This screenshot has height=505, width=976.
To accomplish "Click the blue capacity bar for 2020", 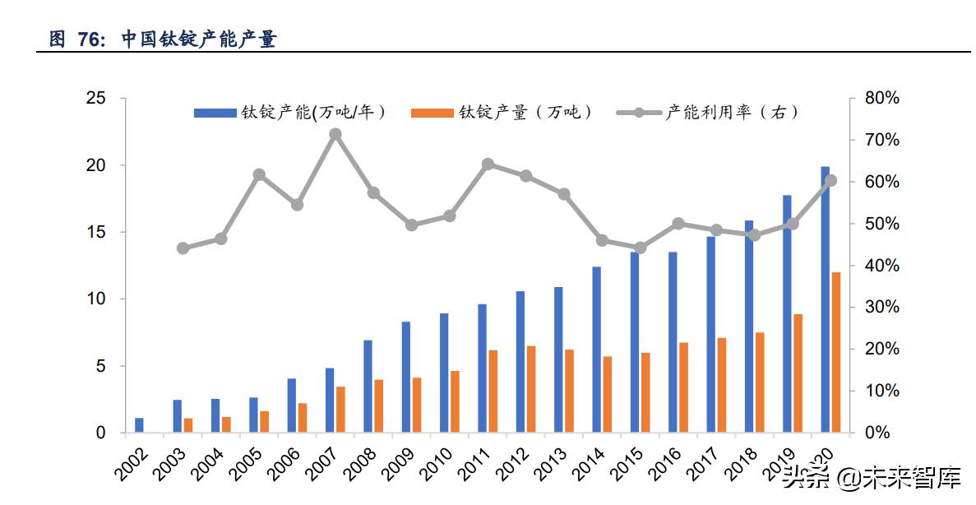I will coord(825,299).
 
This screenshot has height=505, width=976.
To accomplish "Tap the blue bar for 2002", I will coord(139,425).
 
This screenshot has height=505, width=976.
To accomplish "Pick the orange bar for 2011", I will coord(493,391).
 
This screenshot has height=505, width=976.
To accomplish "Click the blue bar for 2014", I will coord(596,350).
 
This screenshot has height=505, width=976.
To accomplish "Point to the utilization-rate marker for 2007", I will coord(335,134).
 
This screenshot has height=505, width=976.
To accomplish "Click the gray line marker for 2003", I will coord(183,248).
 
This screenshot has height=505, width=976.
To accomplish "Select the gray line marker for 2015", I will coord(640,248).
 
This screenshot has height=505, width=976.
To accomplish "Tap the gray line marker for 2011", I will coord(488,164).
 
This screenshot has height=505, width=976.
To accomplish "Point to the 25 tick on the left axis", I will coord(96,99).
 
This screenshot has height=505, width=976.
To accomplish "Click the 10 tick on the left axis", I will coord(96,299).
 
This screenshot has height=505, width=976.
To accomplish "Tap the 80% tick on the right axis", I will coord(881,99).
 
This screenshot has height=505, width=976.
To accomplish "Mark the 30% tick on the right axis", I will coord(881,308).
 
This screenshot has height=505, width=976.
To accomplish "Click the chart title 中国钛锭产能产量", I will coord(199,39).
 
